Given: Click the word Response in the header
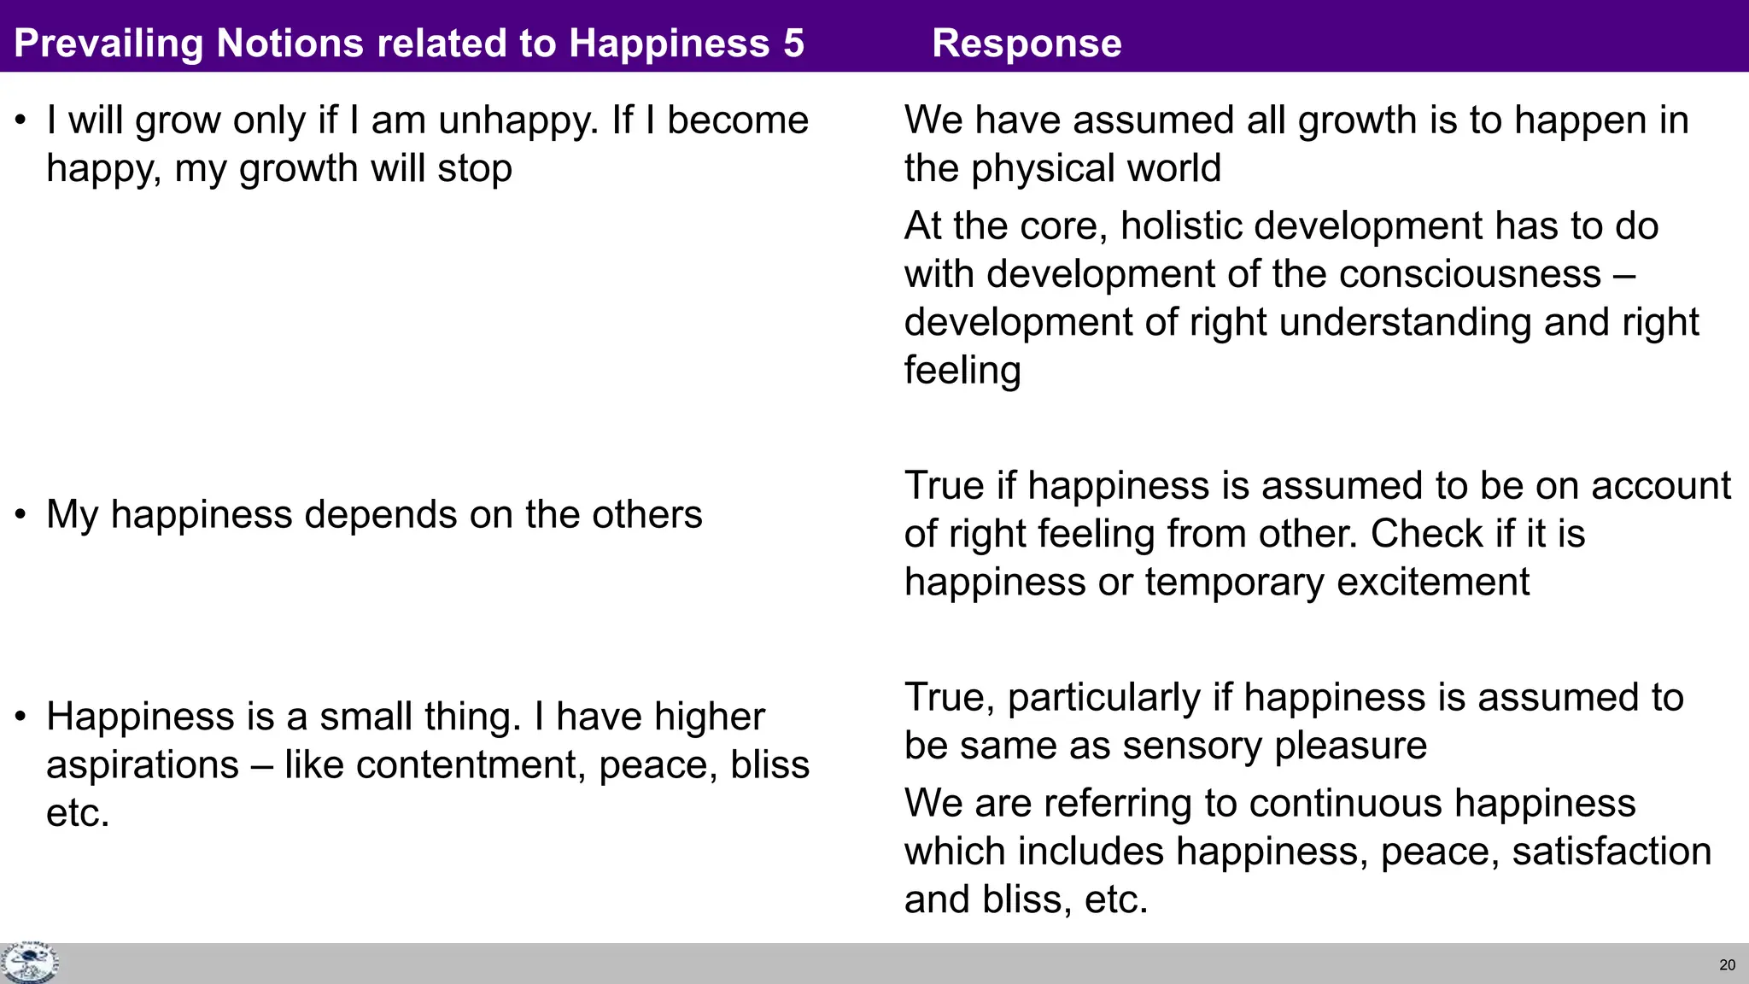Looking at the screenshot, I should pyautogui.click(x=1027, y=43).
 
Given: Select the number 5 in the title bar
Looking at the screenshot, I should pyautogui.click(x=793, y=43).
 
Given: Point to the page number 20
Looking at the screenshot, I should pyautogui.click(x=1727, y=965).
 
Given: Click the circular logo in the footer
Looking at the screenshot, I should pyautogui.click(x=29, y=963).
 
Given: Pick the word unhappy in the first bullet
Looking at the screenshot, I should pyautogui.click(x=518, y=120).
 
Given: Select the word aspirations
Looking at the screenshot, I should pyautogui.click(x=142, y=764).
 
